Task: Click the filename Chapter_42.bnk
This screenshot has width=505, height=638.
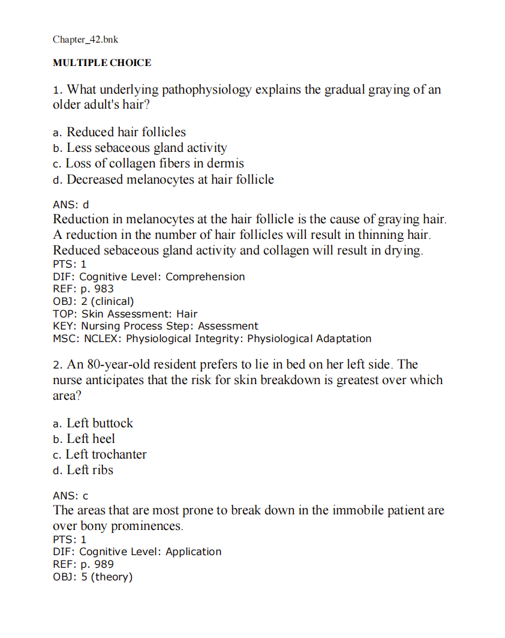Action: [85, 40]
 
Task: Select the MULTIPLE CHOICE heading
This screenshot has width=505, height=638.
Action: [102, 62]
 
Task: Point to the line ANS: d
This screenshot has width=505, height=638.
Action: [71, 205]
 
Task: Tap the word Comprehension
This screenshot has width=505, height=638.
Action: [205, 277]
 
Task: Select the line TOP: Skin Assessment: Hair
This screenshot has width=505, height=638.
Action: [125, 314]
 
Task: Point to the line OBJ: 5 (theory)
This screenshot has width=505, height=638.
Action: [92, 577]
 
